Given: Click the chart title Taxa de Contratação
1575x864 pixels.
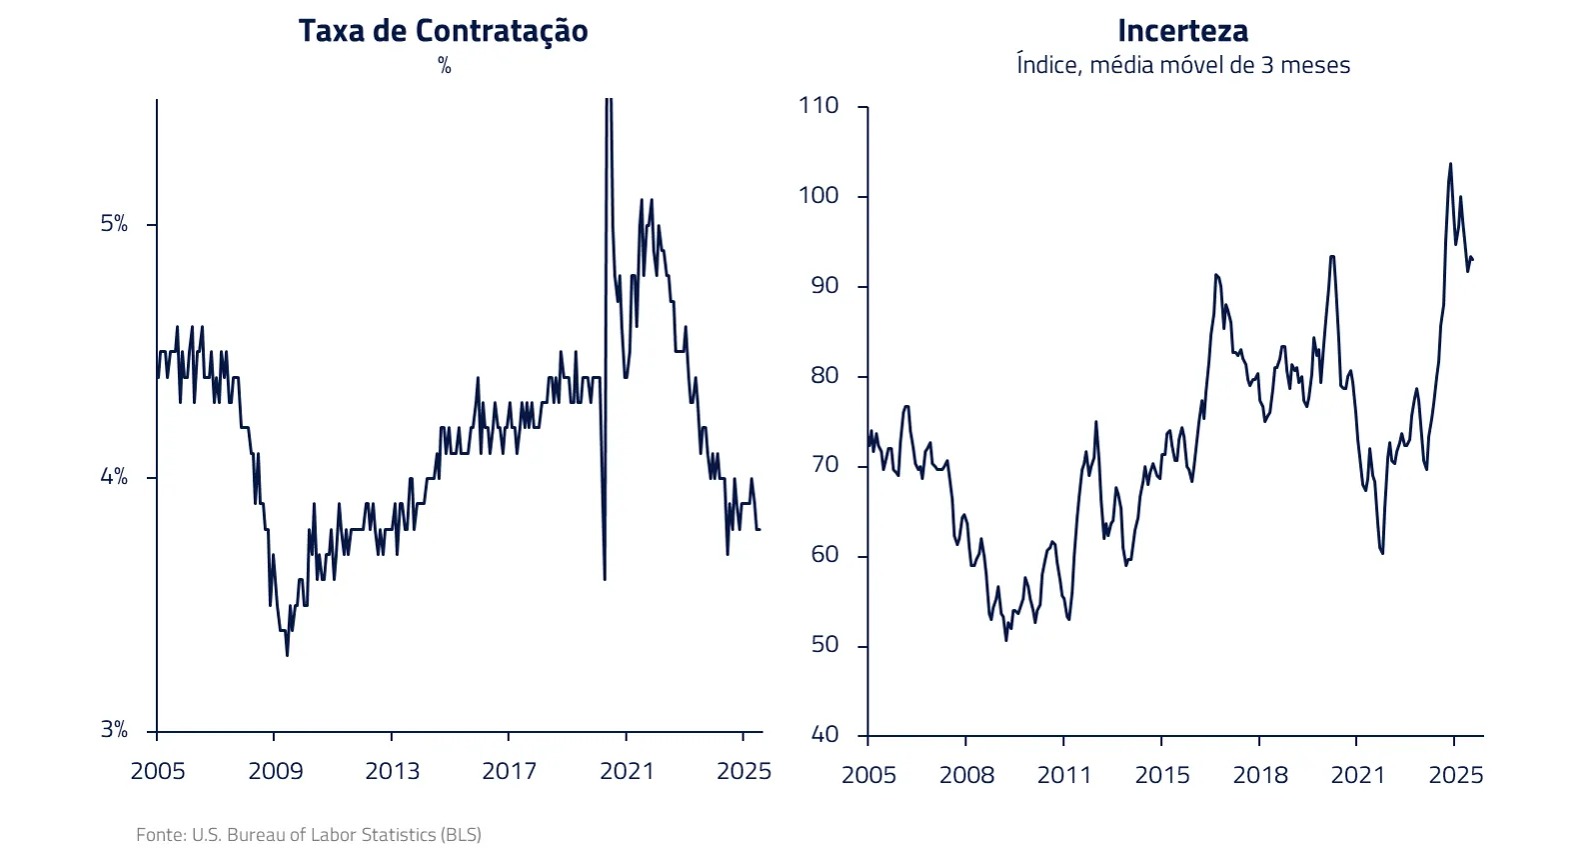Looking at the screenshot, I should (x=443, y=31).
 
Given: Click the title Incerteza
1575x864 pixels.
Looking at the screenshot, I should (x=1182, y=31).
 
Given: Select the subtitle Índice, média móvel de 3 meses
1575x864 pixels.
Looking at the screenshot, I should (x=1182, y=65).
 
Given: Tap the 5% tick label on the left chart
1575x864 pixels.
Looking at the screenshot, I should (x=114, y=224).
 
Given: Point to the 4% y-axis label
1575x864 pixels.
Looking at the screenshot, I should (x=114, y=477).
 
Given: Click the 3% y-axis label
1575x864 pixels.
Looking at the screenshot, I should (x=114, y=730).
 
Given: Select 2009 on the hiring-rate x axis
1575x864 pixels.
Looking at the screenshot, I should (x=275, y=771).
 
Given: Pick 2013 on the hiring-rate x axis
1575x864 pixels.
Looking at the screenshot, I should (x=392, y=771).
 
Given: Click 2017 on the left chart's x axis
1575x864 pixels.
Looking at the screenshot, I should (x=509, y=771).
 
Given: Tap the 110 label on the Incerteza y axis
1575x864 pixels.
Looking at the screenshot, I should (x=817, y=106).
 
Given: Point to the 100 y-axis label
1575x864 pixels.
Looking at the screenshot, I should (x=817, y=196).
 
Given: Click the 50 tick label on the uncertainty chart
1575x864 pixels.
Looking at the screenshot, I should (x=823, y=645).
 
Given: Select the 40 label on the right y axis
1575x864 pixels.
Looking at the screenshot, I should (x=823, y=735).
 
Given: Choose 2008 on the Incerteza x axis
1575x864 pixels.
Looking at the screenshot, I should (x=966, y=775).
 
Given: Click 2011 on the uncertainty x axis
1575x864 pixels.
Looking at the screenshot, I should (x=1063, y=775).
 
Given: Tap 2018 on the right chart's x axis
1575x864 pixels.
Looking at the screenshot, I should (x=1259, y=775).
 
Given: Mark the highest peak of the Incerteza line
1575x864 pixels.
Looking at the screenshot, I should (x=1450, y=164).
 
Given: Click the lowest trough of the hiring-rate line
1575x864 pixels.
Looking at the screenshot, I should (x=287, y=655).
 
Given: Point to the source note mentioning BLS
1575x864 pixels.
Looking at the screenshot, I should (x=308, y=834).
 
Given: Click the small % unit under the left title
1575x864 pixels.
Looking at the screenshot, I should (x=444, y=66).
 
